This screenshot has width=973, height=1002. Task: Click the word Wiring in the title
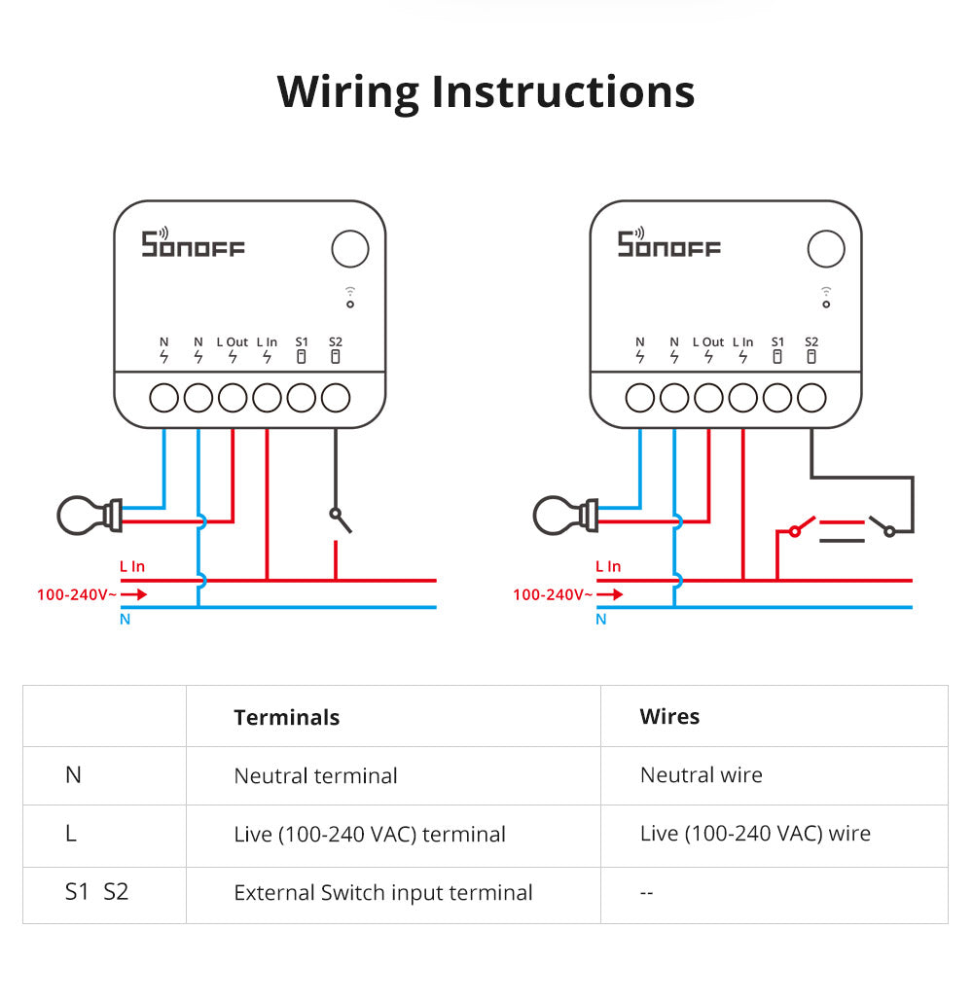347,92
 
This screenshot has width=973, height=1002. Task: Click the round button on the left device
350,249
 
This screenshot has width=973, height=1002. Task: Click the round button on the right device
826,249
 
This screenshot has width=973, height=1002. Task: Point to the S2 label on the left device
336,342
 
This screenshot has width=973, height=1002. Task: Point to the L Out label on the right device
708,342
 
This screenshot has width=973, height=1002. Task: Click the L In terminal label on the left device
267,342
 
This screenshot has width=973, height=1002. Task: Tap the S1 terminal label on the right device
777,342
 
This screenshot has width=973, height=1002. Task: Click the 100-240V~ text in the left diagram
76,593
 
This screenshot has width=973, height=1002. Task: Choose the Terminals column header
286,718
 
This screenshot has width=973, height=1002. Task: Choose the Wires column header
669,717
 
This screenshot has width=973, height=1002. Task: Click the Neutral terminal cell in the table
315,776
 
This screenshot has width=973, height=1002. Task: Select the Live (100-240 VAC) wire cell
755,834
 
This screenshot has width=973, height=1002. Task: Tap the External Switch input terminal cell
382,893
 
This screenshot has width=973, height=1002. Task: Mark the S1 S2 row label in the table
96,892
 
